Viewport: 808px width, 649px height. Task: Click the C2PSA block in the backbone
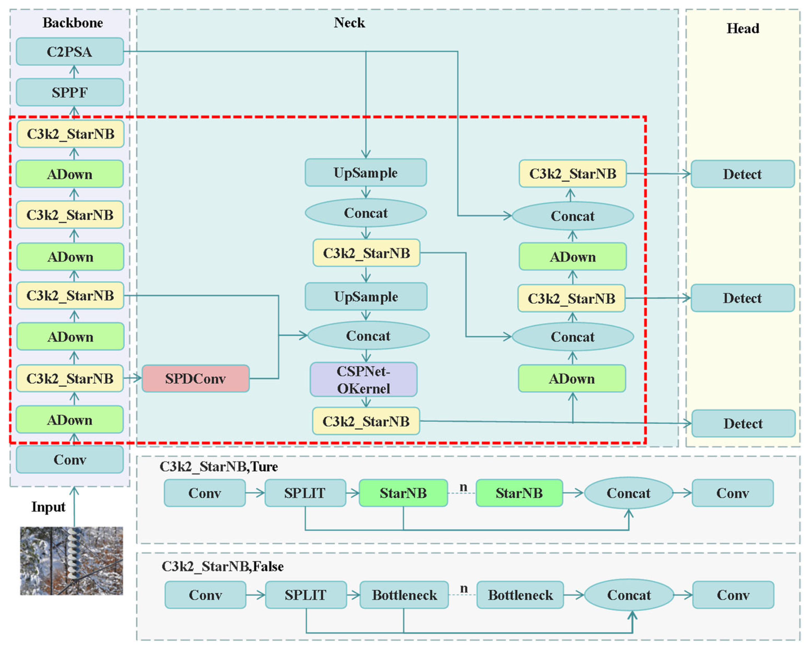click(70, 51)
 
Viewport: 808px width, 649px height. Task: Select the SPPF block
click(70, 92)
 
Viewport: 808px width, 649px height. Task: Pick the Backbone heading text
click(73, 23)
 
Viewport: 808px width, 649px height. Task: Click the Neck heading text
click(349, 23)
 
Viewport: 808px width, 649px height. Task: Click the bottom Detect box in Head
click(743, 423)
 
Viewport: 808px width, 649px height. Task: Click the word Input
click(48, 507)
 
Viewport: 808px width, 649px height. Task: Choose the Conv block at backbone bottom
click(70, 460)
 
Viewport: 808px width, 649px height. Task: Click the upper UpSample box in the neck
click(365, 173)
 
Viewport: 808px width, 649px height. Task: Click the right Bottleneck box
click(520, 595)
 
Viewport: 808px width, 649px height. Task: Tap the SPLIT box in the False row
click(305, 595)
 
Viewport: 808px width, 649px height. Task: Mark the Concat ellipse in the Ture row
click(628, 493)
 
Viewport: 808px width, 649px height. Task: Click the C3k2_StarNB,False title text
click(222, 566)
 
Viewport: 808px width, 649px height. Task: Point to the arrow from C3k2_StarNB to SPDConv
click(133, 378)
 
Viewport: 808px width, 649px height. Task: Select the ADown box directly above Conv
click(70, 420)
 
